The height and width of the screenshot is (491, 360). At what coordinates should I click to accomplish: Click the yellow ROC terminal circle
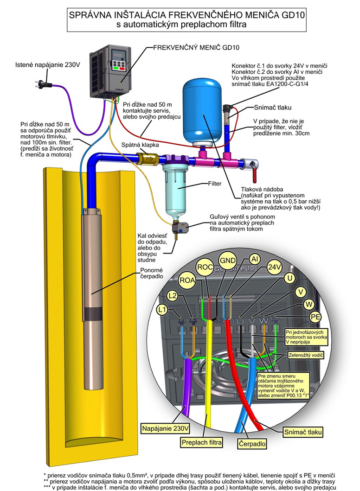205,268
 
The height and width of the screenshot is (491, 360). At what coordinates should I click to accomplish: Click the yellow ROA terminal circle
186,280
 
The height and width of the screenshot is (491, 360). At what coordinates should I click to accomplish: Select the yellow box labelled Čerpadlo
252,442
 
